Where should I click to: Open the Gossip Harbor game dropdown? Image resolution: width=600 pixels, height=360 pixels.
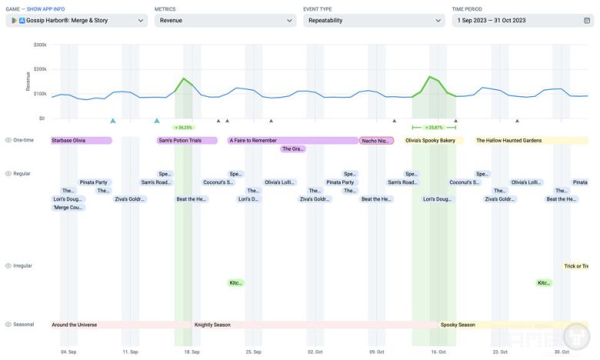(76, 21)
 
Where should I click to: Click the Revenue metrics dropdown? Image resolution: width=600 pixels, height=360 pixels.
(225, 21)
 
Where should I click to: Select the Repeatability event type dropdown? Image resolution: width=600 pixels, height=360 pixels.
(373, 21)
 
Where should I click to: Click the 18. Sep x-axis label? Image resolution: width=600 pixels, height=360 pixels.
(192, 352)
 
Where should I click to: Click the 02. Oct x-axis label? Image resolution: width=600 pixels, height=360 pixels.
(315, 352)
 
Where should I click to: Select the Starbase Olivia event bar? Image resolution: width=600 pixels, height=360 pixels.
(81, 141)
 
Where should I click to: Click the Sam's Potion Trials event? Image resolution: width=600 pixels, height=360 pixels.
(184, 141)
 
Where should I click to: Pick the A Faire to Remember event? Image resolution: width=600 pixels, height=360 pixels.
(292, 141)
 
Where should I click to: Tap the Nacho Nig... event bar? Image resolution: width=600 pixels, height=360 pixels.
(376, 141)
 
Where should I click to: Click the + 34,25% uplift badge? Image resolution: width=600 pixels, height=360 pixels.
(183, 128)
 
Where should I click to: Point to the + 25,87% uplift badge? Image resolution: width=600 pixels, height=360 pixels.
(434, 128)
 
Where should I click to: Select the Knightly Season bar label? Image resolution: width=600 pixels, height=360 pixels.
(212, 325)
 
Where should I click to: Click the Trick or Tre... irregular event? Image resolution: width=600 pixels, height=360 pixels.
(576, 266)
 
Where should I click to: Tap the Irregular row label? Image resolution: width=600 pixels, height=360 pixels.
(22, 266)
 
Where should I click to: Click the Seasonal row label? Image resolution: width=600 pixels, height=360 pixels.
(23, 325)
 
